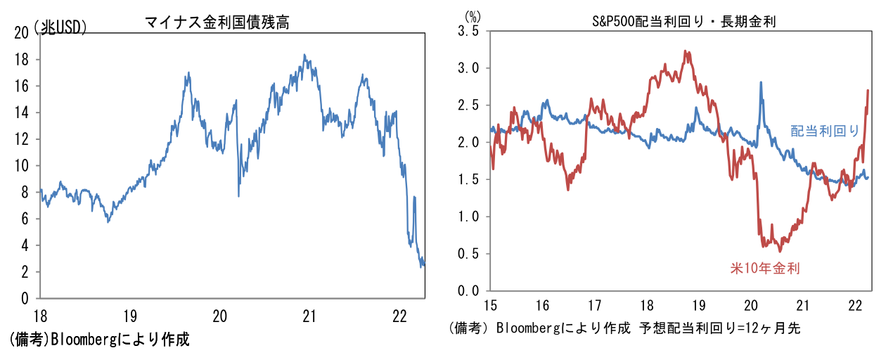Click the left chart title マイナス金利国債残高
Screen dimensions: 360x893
pos(217,22)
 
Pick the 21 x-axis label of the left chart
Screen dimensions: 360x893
pos(309,316)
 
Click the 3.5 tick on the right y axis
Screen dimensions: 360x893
pos(468,32)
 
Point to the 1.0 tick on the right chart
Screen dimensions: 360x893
pos(468,217)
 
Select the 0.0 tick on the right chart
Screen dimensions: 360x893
pos(468,290)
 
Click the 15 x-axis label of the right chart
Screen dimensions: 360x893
pos(491,306)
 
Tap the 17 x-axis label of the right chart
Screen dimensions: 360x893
pos(594,306)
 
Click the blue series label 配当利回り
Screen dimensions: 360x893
pos(825,130)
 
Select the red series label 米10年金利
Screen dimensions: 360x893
pos(766,267)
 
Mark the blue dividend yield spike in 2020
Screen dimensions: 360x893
pos(761,83)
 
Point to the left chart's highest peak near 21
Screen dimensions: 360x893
pos(304,55)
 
